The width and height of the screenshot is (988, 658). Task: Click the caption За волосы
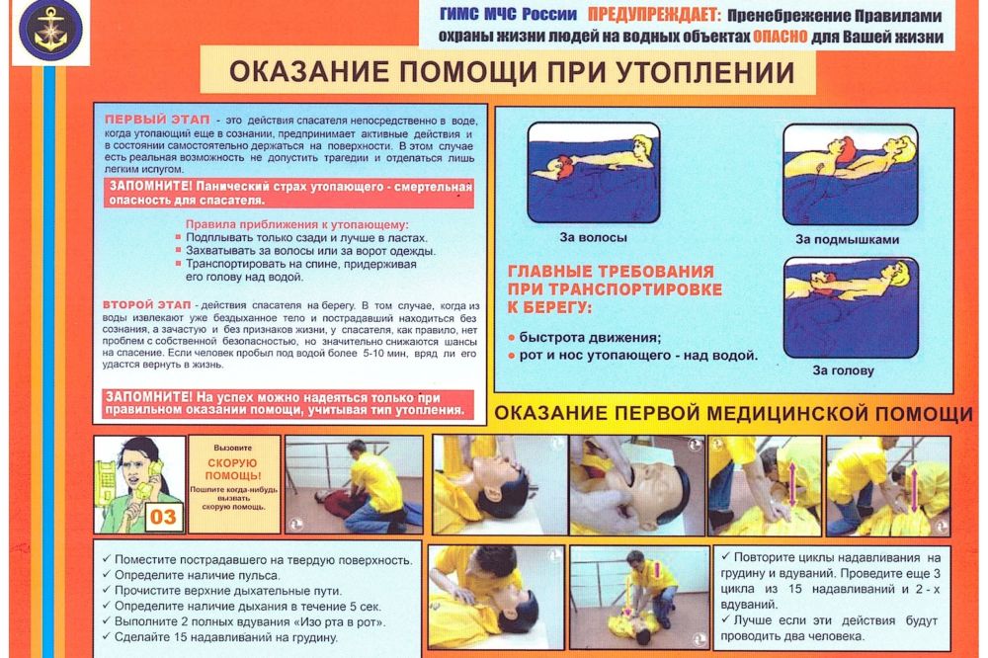tap(593, 237)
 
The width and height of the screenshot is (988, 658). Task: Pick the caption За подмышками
tap(847, 239)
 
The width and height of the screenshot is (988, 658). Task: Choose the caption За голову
tap(843, 370)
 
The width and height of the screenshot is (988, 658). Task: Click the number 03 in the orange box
tap(165, 516)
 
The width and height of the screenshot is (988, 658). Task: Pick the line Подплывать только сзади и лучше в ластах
tap(306, 238)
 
